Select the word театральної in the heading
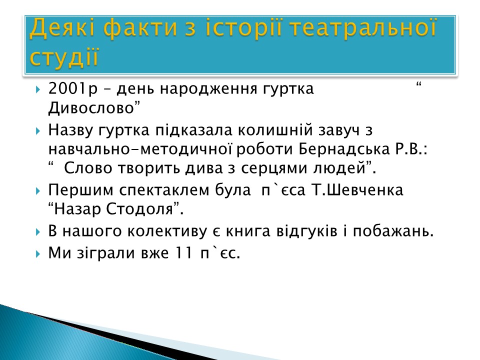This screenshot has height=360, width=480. (x=362, y=27)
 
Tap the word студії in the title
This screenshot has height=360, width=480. (x=64, y=56)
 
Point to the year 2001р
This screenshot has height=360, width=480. (x=73, y=89)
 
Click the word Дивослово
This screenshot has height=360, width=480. (x=91, y=108)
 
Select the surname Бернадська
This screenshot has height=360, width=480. (x=344, y=149)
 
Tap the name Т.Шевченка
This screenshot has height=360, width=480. (x=357, y=190)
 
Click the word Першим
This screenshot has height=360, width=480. (x=81, y=190)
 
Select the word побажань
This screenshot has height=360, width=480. (x=393, y=231)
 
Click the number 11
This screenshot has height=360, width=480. (x=184, y=253)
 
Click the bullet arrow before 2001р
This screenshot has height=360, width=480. (x=37, y=90)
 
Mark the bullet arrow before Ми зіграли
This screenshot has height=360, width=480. (x=37, y=254)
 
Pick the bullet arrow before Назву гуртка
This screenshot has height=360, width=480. (x=37, y=131)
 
